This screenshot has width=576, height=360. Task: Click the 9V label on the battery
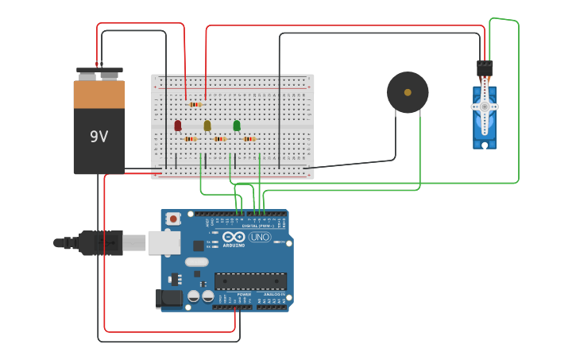99,137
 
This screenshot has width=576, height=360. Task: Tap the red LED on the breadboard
178,126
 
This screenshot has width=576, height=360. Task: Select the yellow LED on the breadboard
207,126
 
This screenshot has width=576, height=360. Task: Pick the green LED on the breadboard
237,126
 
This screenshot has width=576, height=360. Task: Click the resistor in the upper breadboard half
195,104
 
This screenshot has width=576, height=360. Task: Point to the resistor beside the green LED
249,139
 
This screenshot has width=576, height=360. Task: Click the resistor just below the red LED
190,139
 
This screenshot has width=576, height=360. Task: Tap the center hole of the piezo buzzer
408,92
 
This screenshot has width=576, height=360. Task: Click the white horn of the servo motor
485,106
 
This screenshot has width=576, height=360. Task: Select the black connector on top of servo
485,69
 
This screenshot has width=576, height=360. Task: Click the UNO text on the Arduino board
260,237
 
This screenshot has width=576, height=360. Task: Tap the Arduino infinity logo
234,237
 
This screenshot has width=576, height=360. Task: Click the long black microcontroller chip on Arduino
250,281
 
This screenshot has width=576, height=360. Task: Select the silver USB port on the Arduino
164,242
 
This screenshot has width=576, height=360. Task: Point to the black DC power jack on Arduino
169,298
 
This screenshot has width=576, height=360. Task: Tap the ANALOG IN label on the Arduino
273,295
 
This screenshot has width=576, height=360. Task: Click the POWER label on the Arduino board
244,295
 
